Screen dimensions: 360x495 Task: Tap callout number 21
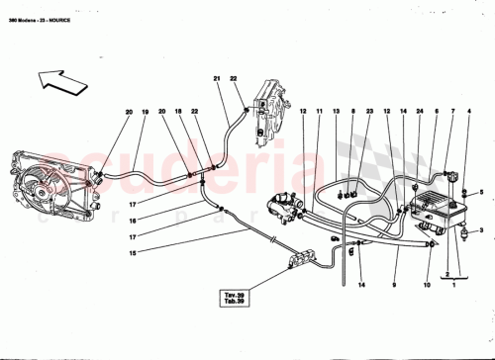(217, 78)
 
